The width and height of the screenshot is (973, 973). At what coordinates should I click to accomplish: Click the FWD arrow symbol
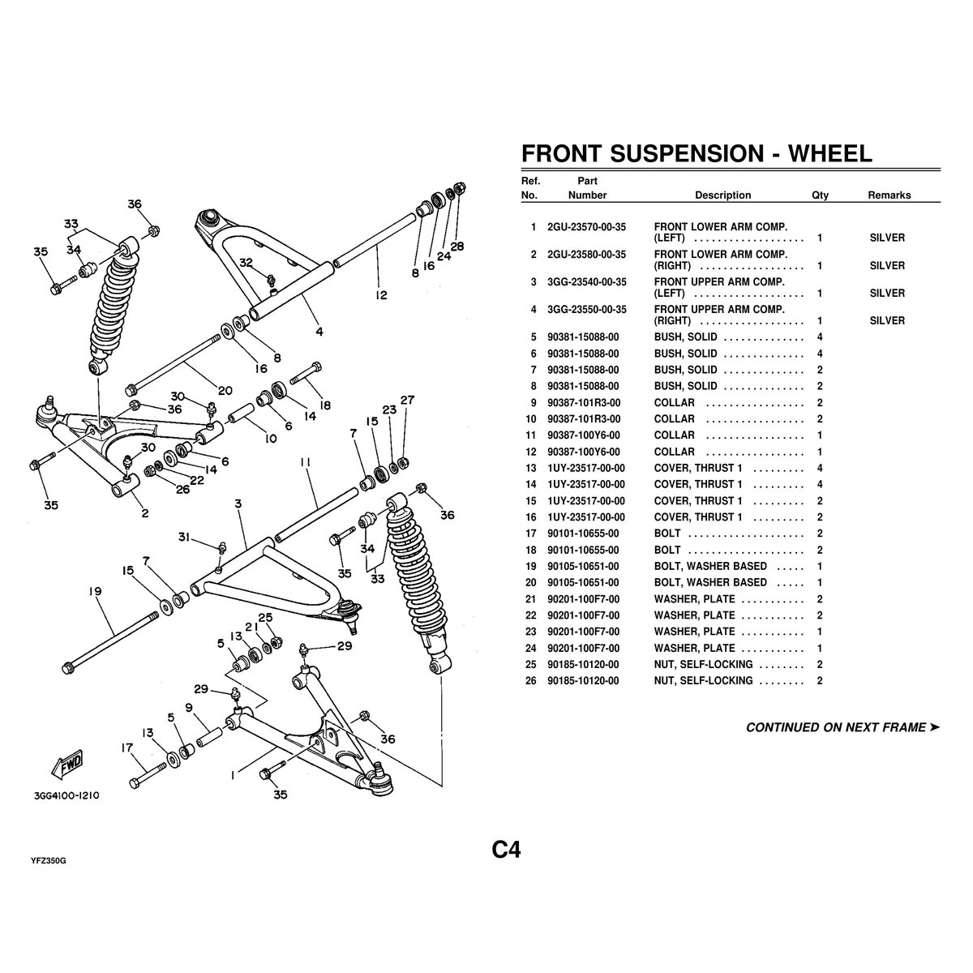(67, 763)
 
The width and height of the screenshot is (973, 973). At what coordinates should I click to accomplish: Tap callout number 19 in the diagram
(95, 592)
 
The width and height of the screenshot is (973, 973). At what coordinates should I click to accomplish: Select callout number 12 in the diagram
(381, 295)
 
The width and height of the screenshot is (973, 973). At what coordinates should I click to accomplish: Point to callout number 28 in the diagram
(457, 246)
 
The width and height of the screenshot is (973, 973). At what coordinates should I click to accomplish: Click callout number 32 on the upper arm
(246, 262)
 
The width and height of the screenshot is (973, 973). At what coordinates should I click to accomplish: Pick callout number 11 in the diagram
(305, 462)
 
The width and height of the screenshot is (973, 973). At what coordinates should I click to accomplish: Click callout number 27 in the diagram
(407, 400)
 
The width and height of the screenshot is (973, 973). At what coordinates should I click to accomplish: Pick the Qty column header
(820, 195)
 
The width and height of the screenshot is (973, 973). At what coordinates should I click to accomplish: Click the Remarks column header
(889, 195)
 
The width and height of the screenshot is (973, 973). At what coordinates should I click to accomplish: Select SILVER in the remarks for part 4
(887, 320)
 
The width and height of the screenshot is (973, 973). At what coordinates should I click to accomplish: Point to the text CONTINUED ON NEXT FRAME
(836, 727)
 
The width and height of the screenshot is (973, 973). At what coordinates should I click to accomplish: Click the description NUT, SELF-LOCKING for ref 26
(703, 680)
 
